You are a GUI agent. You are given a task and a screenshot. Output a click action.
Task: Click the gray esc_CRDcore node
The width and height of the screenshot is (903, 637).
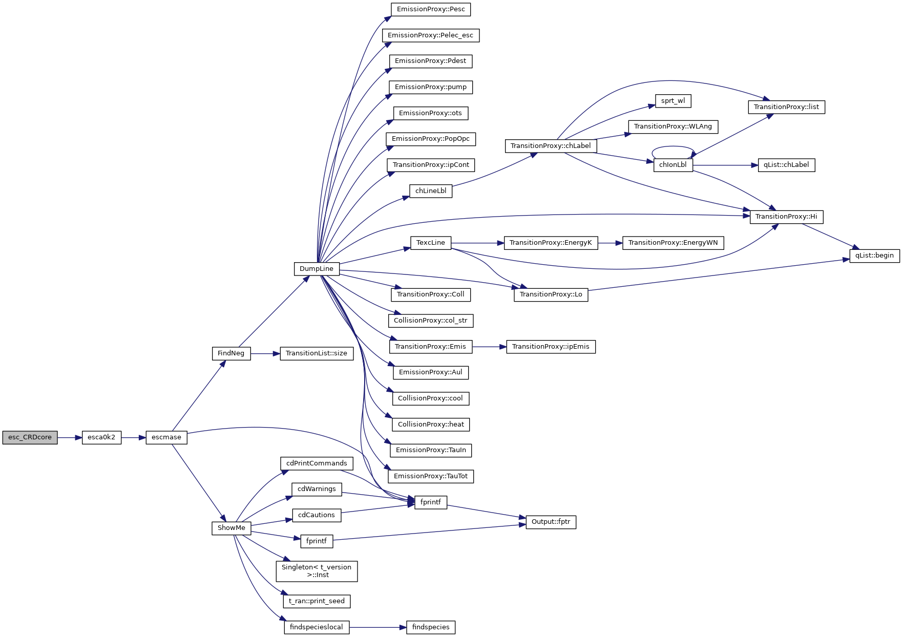click(30, 437)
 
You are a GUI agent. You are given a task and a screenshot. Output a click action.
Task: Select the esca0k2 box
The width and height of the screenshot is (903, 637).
click(101, 437)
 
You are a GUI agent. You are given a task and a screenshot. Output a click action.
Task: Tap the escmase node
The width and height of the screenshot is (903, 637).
click(166, 437)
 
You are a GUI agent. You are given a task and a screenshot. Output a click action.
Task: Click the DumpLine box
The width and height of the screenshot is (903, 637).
click(317, 269)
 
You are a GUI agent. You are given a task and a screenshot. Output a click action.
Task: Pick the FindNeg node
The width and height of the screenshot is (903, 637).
click(231, 353)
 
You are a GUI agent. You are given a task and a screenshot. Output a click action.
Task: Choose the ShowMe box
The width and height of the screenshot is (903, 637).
click(231, 528)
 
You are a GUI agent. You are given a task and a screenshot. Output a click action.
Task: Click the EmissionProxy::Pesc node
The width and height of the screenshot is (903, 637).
click(431, 9)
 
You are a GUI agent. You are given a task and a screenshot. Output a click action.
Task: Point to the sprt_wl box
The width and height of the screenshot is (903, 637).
click(673, 101)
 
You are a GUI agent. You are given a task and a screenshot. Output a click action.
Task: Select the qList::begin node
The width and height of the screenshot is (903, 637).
click(874, 256)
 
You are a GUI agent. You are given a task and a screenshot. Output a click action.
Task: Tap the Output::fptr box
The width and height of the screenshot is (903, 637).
click(551, 522)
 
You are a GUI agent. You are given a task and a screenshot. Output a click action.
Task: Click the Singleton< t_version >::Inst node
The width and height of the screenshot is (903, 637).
click(317, 571)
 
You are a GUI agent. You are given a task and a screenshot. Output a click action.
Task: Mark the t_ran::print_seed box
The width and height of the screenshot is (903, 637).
click(317, 601)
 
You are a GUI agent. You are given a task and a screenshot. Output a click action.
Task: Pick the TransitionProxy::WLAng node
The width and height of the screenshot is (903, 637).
click(673, 126)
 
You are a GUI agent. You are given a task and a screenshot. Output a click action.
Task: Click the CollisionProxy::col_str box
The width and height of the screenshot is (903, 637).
click(431, 321)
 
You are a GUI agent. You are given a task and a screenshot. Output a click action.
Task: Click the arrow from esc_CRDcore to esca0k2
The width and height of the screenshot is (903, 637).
click(70, 437)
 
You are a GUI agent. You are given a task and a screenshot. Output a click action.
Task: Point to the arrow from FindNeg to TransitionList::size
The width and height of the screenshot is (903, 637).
click(265, 353)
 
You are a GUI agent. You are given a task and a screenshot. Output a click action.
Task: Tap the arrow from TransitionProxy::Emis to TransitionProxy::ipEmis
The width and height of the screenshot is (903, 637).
click(489, 347)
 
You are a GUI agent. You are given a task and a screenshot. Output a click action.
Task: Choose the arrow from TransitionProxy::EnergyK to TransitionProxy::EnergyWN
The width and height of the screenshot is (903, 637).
click(610, 243)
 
